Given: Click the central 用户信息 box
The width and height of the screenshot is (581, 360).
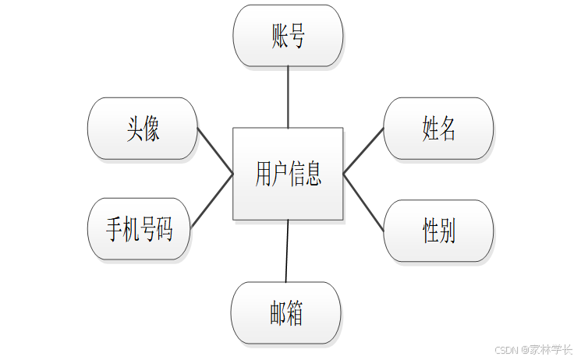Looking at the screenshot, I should [x=288, y=173].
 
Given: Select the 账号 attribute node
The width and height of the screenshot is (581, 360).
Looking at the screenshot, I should [x=288, y=36].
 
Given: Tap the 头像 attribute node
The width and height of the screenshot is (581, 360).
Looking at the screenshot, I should [x=143, y=129].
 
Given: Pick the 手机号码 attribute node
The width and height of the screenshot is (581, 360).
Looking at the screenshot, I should [x=140, y=230].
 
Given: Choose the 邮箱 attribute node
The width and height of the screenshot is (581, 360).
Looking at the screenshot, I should [x=285, y=313].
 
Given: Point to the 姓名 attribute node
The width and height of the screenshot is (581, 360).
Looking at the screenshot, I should [x=438, y=129].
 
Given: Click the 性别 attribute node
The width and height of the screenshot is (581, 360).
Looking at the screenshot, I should [x=438, y=231].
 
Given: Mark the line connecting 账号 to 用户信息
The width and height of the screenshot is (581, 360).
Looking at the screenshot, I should [x=288, y=97].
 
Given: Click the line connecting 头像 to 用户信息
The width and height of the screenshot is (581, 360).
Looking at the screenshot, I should [x=215, y=151].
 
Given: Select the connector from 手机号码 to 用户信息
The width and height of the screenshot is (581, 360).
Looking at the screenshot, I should [x=212, y=201].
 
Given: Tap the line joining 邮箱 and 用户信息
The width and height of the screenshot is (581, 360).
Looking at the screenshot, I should [x=287, y=250].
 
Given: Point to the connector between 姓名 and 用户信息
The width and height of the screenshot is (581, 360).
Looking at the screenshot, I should [x=363, y=150].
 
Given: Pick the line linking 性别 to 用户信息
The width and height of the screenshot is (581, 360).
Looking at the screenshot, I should [x=363, y=202].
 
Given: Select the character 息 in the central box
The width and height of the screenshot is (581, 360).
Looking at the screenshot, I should [x=313, y=173].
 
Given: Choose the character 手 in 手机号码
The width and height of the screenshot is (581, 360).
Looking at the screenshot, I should [x=115, y=230].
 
